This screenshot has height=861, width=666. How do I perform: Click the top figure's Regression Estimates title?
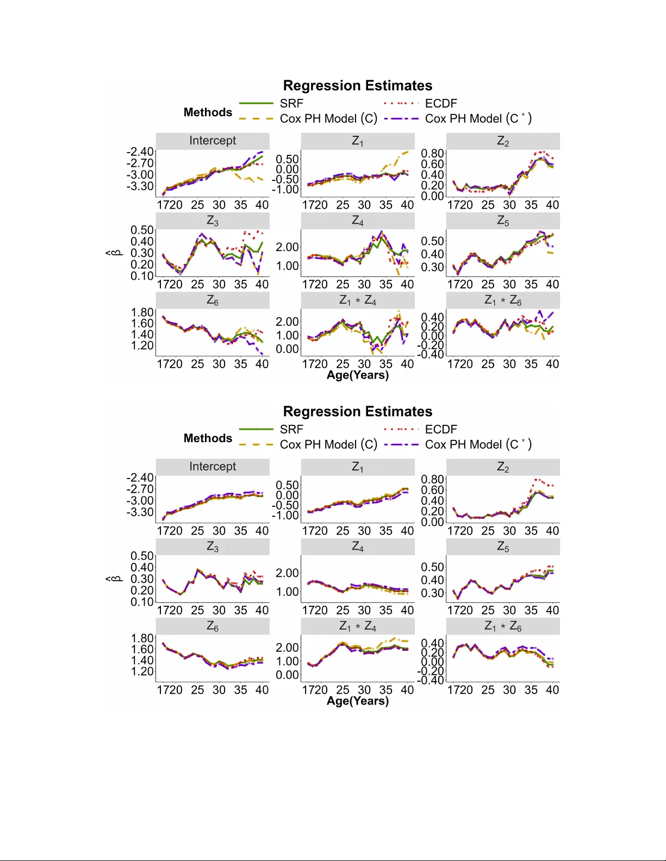pyautogui.click(x=357, y=86)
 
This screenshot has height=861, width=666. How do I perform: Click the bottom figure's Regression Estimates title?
pyautogui.click(x=357, y=412)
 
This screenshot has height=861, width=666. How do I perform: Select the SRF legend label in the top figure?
pyautogui.click(x=291, y=103)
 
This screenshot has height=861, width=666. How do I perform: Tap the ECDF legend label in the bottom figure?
pyautogui.click(x=441, y=429)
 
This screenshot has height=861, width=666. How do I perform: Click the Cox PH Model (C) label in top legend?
pyautogui.click(x=328, y=118)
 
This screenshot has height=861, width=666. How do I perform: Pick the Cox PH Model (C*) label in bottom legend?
pyautogui.click(x=478, y=444)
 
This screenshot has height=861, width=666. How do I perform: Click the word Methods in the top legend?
pyautogui.click(x=208, y=112)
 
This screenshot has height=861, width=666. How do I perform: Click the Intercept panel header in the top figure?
pyautogui.click(x=213, y=141)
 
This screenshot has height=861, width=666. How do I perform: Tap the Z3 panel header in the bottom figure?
pyautogui.click(x=213, y=546)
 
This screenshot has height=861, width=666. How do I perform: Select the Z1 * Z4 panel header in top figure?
pyautogui.click(x=358, y=300)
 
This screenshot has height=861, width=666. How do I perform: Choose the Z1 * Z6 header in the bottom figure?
pyautogui.click(x=503, y=626)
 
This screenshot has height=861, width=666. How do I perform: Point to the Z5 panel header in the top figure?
pyautogui.click(x=503, y=221)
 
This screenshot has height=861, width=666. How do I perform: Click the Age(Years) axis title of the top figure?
pyautogui.click(x=357, y=375)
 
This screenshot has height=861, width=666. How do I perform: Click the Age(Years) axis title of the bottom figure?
pyautogui.click(x=357, y=701)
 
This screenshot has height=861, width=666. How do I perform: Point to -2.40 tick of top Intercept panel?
pyautogui.click(x=140, y=152)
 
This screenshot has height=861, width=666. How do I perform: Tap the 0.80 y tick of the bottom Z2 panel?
pyautogui.click(x=432, y=479)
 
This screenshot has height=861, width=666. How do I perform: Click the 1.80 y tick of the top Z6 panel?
pyautogui.click(x=142, y=312)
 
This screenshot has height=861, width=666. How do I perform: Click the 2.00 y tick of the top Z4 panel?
pyautogui.click(x=287, y=247)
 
